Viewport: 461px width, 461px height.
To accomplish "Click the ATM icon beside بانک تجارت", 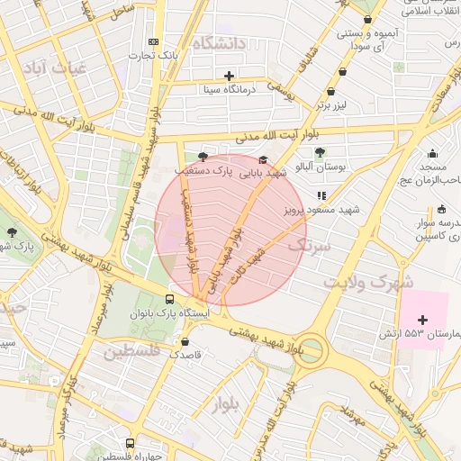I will pyautogui.click(x=153, y=41).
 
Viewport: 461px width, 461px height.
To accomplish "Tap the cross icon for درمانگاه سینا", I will pyautogui.click(x=229, y=76).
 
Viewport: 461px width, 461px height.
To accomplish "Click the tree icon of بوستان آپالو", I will pyautogui.click(x=321, y=151).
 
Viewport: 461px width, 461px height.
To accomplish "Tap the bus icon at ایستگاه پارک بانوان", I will pyautogui.click(x=170, y=300).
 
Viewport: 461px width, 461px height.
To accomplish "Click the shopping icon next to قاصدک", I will pyautogui.click(x=185, y=341).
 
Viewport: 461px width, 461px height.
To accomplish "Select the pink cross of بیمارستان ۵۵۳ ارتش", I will pyautogui.click(x=422, y=319).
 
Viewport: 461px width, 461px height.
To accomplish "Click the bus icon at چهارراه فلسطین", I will pyautogui.click(x=131, y=443).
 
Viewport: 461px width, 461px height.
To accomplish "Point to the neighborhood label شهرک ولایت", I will pyautogui.click(x=360, y=281).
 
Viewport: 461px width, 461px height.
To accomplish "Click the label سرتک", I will pyautogui.click(x=310, y=244).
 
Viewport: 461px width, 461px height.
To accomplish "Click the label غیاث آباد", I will pyautogui.click(x=53, y=68).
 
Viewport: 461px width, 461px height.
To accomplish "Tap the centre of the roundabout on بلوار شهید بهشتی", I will pyautogui.click(x=312, y=349).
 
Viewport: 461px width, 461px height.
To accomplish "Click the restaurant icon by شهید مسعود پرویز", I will pyautogui.click(x=321, y=194).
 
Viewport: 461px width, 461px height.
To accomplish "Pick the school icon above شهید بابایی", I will pyautogui.click(x=263, y=159).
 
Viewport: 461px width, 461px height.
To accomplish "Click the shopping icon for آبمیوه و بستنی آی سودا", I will pyautogui.click(x=367, y=19).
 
